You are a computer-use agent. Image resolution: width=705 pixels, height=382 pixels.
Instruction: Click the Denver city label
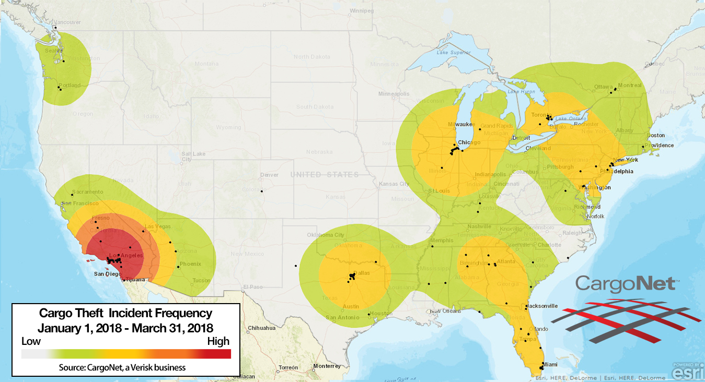[269, 175]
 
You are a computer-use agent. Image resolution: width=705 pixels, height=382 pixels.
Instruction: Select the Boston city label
[655, 135]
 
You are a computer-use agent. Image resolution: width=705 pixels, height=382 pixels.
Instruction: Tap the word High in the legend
[218, 341]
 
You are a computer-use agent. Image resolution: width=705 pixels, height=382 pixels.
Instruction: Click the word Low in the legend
[31, 341]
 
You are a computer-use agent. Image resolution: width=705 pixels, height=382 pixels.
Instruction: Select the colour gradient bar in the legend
[126, 354]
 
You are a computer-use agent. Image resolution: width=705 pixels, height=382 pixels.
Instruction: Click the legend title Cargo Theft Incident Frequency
[125, 313]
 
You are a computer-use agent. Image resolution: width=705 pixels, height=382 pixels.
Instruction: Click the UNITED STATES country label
[325, 175]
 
